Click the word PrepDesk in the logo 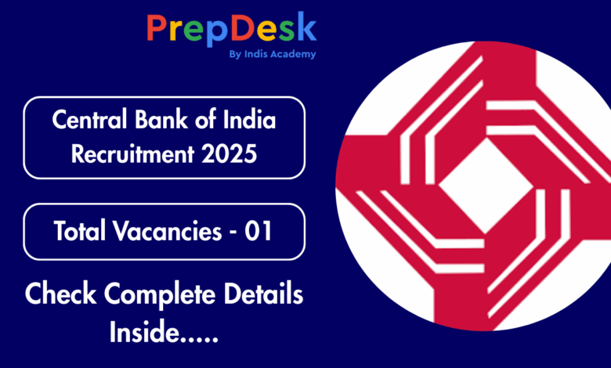(x=231, y=29)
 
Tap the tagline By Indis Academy (x=273, y=54)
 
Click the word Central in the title (x=89, y=119)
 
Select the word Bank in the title (x=161, y=119)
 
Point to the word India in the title (x=249, y=119)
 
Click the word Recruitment (x=132, y=153)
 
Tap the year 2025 (x=229, y=153)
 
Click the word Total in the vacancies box (x=79, y=230)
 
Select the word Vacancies (x=168, y=230)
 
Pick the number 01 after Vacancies (x=258, y=230)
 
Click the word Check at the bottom (x=60, y=294)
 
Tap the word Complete (x=159, y=295)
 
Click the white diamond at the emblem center (x=486, y=186)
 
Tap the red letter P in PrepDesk (x=157, y=28)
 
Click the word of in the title (x=205, y=119)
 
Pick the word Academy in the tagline (x=293, y=54)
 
